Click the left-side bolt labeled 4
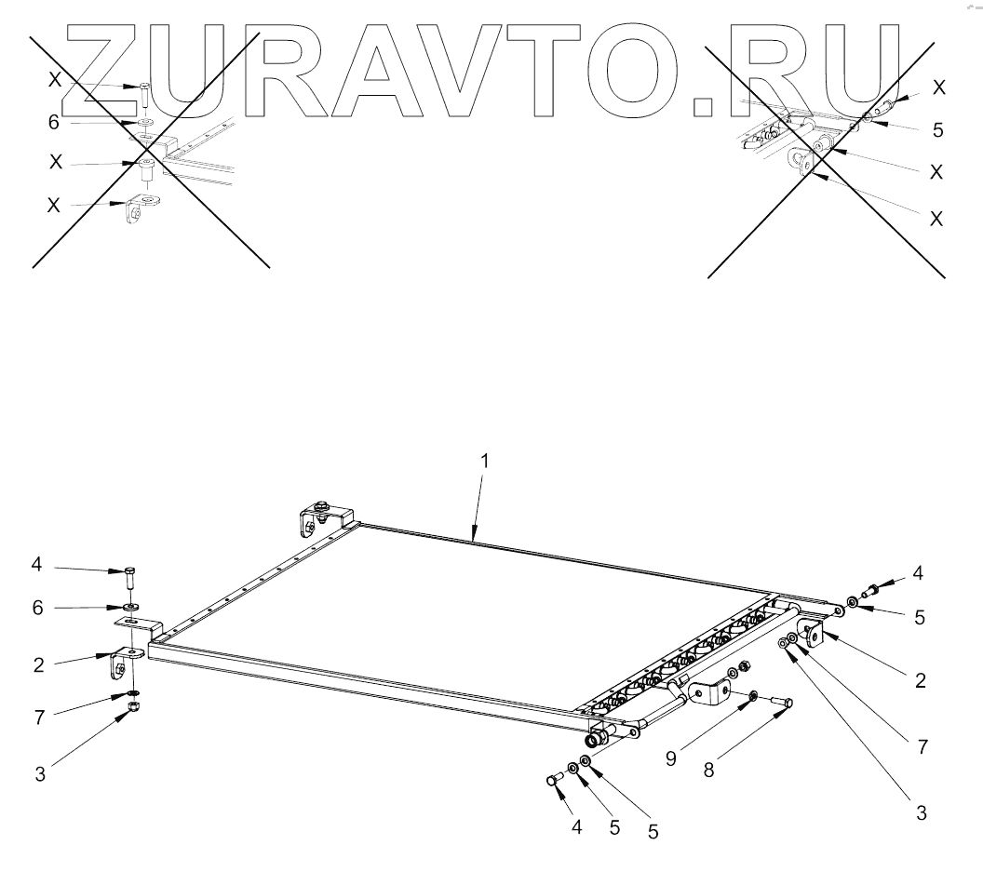point(129,577)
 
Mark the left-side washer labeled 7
point(133,693)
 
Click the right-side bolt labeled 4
point(872,590)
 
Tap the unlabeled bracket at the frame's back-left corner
point(324,517)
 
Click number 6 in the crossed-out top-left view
point(55,121)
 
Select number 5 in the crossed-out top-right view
point(937,130)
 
